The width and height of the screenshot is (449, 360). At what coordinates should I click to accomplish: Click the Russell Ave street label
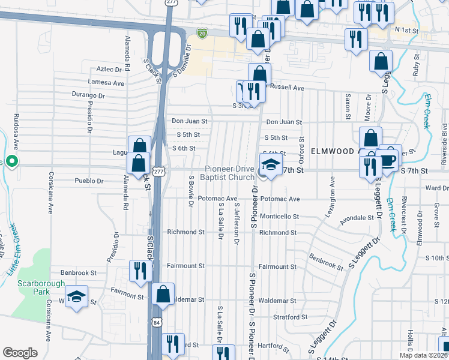(x=288, y=88)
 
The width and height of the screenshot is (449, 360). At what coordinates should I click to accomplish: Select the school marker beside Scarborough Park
(x=77, y=296)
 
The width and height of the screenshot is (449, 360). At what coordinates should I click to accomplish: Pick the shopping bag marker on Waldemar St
(x=163, y=295)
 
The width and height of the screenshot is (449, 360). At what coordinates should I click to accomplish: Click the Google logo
(x=20, y=353)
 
